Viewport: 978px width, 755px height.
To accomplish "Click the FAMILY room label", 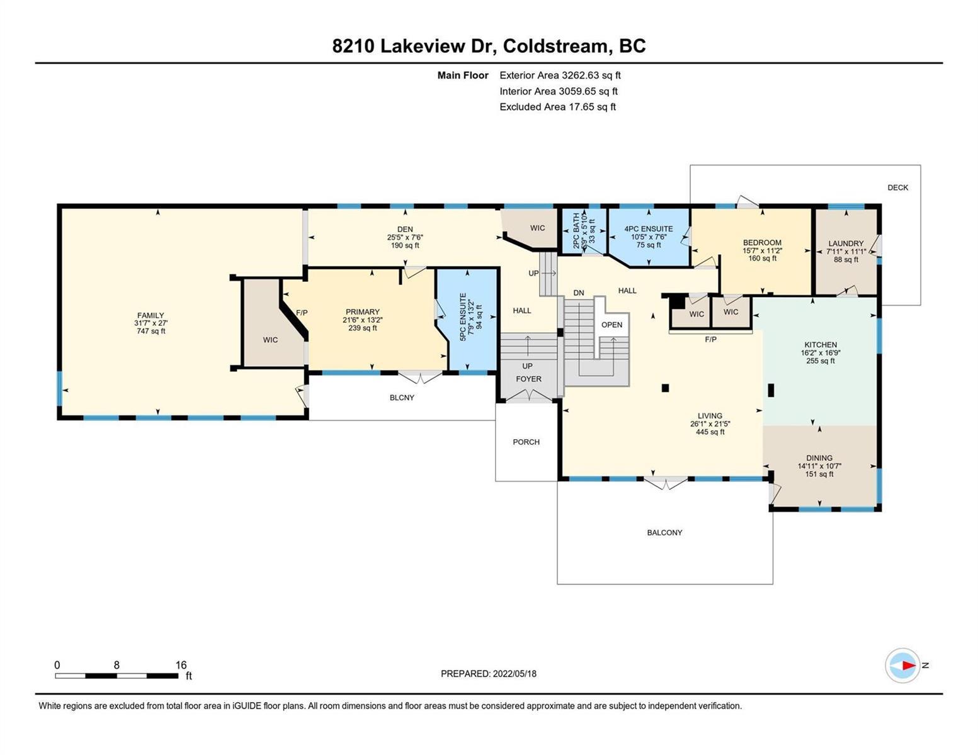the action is click(151, 315).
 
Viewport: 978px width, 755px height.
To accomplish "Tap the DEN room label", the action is click(404, 230).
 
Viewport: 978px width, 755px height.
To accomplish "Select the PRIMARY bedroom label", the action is click(362, 311).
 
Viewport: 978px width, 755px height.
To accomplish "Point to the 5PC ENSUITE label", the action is click(463, 316).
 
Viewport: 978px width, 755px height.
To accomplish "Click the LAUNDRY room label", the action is click(846, 243).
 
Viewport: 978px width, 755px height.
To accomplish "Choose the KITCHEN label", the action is click(820, 344).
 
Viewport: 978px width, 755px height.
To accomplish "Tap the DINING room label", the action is click(819, 458).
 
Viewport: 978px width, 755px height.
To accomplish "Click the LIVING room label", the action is click(710, 416).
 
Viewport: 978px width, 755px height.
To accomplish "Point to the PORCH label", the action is click(526, 442).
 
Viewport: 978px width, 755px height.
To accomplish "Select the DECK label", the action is click(897, 187).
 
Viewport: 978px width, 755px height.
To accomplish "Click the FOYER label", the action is click(528, 379).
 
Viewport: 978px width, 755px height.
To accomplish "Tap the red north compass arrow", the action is click(909, 665).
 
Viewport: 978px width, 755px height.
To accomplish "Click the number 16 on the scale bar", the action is click(181, 665).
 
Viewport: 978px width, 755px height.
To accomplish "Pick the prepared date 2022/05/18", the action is click(515, 674).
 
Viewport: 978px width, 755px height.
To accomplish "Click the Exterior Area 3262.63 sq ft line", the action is click(560, 75).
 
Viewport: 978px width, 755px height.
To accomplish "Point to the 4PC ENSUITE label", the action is click(648, 229).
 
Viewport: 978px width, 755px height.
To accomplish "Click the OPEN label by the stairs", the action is click(611, 325).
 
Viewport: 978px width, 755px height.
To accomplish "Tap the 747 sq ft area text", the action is click(151, 331).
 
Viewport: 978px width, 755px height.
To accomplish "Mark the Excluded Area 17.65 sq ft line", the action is click(557, 106).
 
